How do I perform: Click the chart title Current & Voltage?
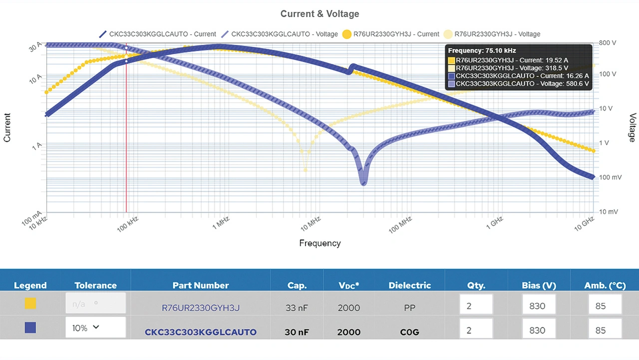coord(319,14)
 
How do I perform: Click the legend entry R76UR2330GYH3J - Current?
coord(390,34)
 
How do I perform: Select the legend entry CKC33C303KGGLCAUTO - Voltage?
coord(279,34)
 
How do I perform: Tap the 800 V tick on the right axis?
coord(607,43)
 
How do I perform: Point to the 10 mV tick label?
coord(608,212)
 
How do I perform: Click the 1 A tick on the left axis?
coord(36,146)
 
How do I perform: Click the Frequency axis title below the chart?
coord(319,243)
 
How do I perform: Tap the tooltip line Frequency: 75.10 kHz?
coord(482,50)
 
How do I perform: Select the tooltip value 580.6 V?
coord(577,84)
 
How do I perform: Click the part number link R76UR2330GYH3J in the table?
coord(201,308)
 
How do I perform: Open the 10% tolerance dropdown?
coord(95,328)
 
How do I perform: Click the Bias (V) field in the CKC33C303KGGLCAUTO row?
coord(539,330)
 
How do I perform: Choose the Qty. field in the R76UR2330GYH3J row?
coord(476,306)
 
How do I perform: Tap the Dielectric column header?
coord(409,286)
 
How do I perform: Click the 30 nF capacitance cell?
coord(297,332)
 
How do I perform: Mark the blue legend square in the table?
coord(30,328)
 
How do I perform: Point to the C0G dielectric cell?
coord(409,332)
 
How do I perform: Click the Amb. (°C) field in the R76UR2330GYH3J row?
coord(605,306)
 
